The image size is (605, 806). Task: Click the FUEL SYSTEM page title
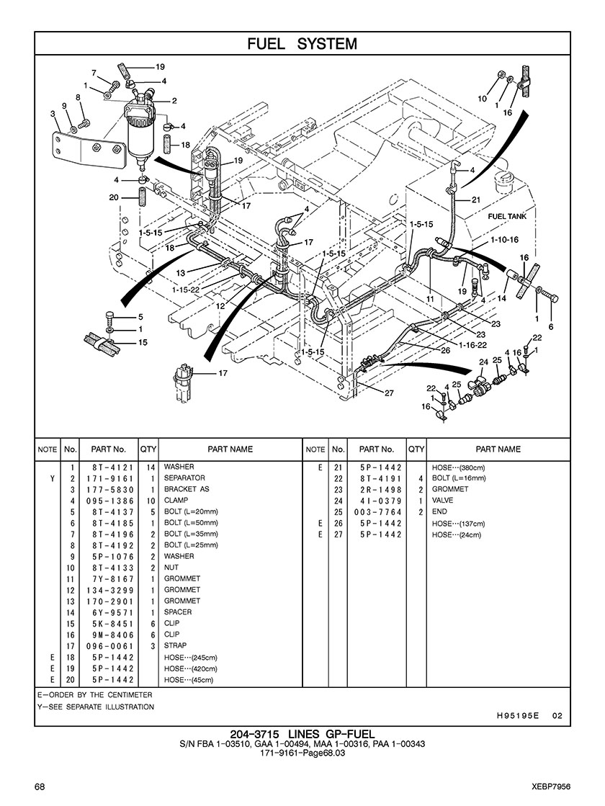pyautogui.click(x=302, y=44)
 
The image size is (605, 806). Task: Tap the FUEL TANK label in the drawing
pyautogui.click(x=507, y=216)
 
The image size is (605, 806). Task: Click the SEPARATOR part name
pyautogui.click(x=184, y=478)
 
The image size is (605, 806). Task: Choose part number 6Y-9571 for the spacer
pyautogui.click(x=113, y=613)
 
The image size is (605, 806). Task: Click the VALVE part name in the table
pyautogui.click(x=442, y=501)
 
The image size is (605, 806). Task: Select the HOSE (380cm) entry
pyautogui.click(x=459, y=467)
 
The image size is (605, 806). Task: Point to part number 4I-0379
pyautogui.click(x=381, y=501)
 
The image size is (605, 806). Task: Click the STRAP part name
pyautogui.click(x=175, y=645)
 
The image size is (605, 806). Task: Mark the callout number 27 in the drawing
pyautogui.click(x=389, y=393)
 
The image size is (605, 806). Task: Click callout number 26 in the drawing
pyautogui.click(x=445, y=351)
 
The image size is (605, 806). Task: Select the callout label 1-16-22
pyautogui.click(x=473, y=346)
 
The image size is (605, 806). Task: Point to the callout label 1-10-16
pyautogui.click(x=504, y=240)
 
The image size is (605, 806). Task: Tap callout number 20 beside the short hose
pyautogui.click(x=114, y=197)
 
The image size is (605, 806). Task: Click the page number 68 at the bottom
pyautogui.click(x=40, y=787)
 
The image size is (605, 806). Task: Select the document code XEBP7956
pyautogui.click(x=552, y=787)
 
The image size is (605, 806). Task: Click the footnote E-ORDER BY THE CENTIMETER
pyautogui.click(x=94, y=695)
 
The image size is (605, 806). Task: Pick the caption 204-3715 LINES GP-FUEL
pyautogui.click(x=302, y=734)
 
